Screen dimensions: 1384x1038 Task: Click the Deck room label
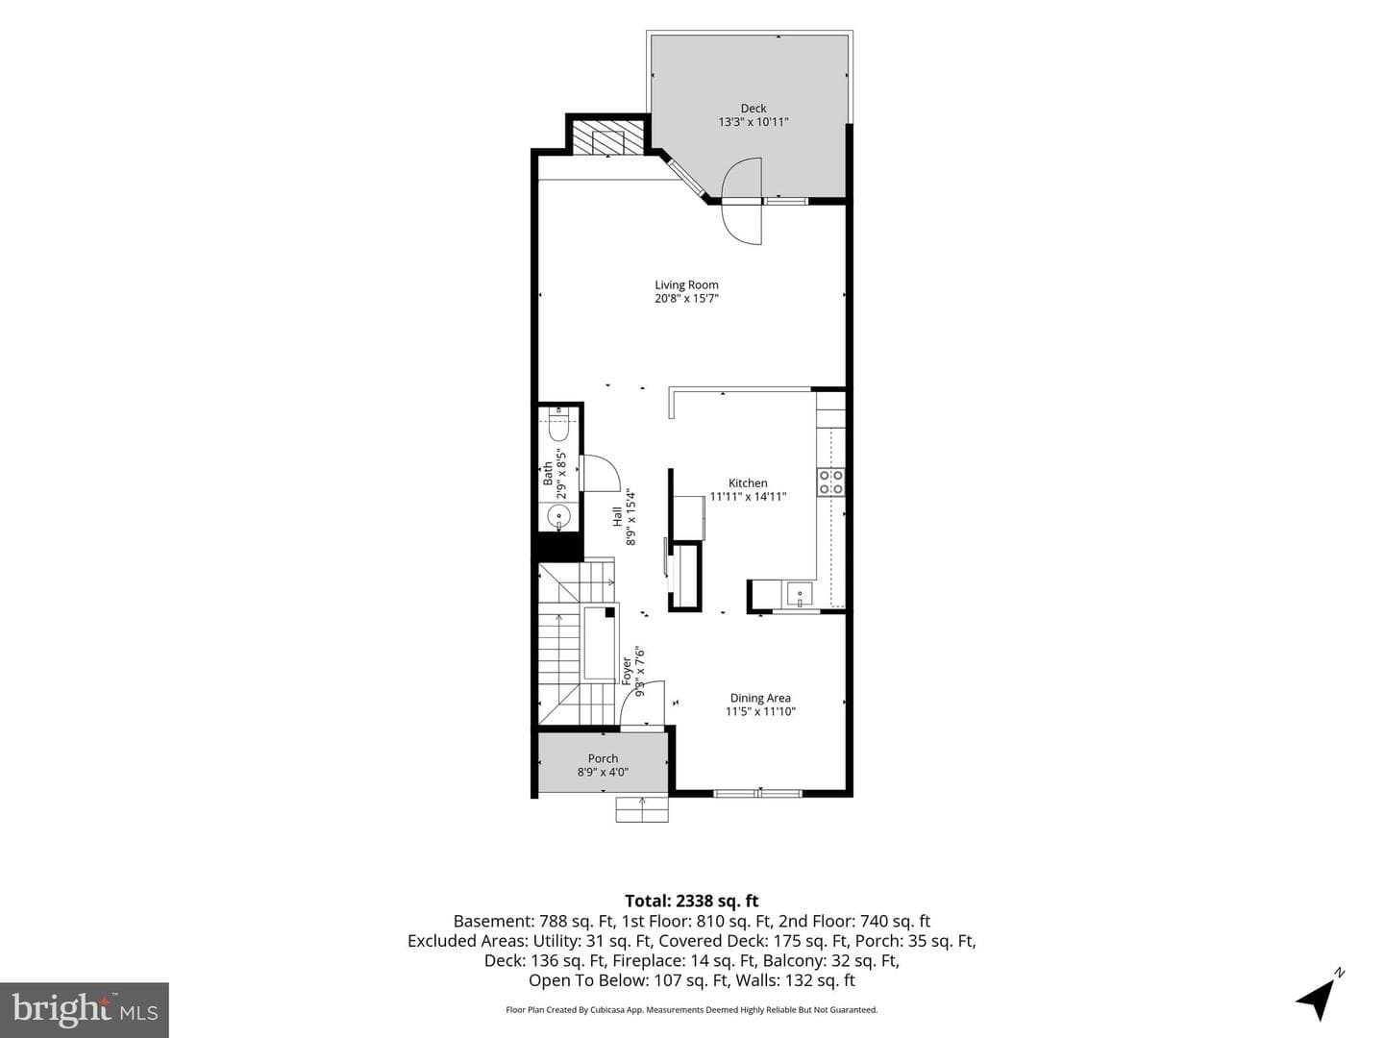tap(753, 109)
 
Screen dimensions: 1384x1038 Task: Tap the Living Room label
tap(686, 284)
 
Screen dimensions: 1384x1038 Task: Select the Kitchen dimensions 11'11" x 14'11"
tap(748, 497)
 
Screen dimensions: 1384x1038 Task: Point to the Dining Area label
tap(760, 698)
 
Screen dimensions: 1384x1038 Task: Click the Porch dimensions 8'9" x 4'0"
tap(603, 772)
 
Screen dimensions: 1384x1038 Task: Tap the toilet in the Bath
tap(558, 424)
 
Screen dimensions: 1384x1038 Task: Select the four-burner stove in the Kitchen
tap(830, 482)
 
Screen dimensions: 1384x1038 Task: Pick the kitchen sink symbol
tap(800, 594)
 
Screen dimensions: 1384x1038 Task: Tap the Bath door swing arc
tap(600, 473)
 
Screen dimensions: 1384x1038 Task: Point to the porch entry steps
tap(642, 809)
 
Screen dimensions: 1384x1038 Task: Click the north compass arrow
tap(1318, 1000)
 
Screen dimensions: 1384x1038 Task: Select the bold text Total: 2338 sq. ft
tap(692, 901)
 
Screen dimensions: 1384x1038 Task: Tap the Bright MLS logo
tap(85, 1009)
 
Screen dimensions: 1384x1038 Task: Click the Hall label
tap(617, 517)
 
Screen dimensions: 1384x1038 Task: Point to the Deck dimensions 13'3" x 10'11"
tap(754, 122)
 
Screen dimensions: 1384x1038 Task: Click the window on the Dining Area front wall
tap(757, 793)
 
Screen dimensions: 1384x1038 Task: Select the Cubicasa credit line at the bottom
tap(692, 1009)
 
